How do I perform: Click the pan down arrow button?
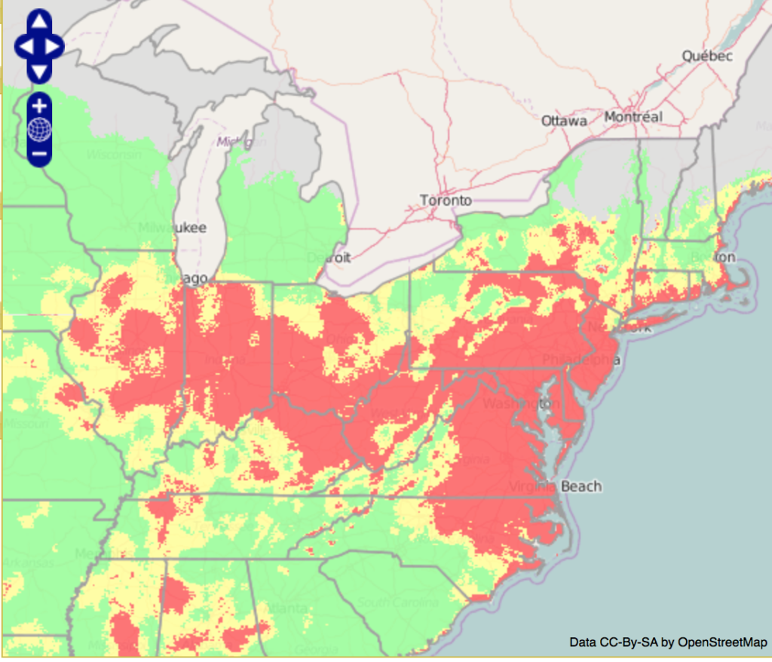tap(39, 71)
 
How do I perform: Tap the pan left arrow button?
tap(25, 47)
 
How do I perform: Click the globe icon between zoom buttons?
tap(39, 130)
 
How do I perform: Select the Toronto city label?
tap(446, 201)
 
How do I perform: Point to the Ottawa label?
tap(564, 121)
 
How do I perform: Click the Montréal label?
tap(633, 117)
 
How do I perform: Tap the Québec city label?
tap(706, 56)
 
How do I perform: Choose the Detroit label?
tap(329, 258)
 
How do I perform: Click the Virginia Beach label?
tap(556, 486)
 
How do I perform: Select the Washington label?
tap(521, 403)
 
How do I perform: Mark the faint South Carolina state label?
tap(397, 603)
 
